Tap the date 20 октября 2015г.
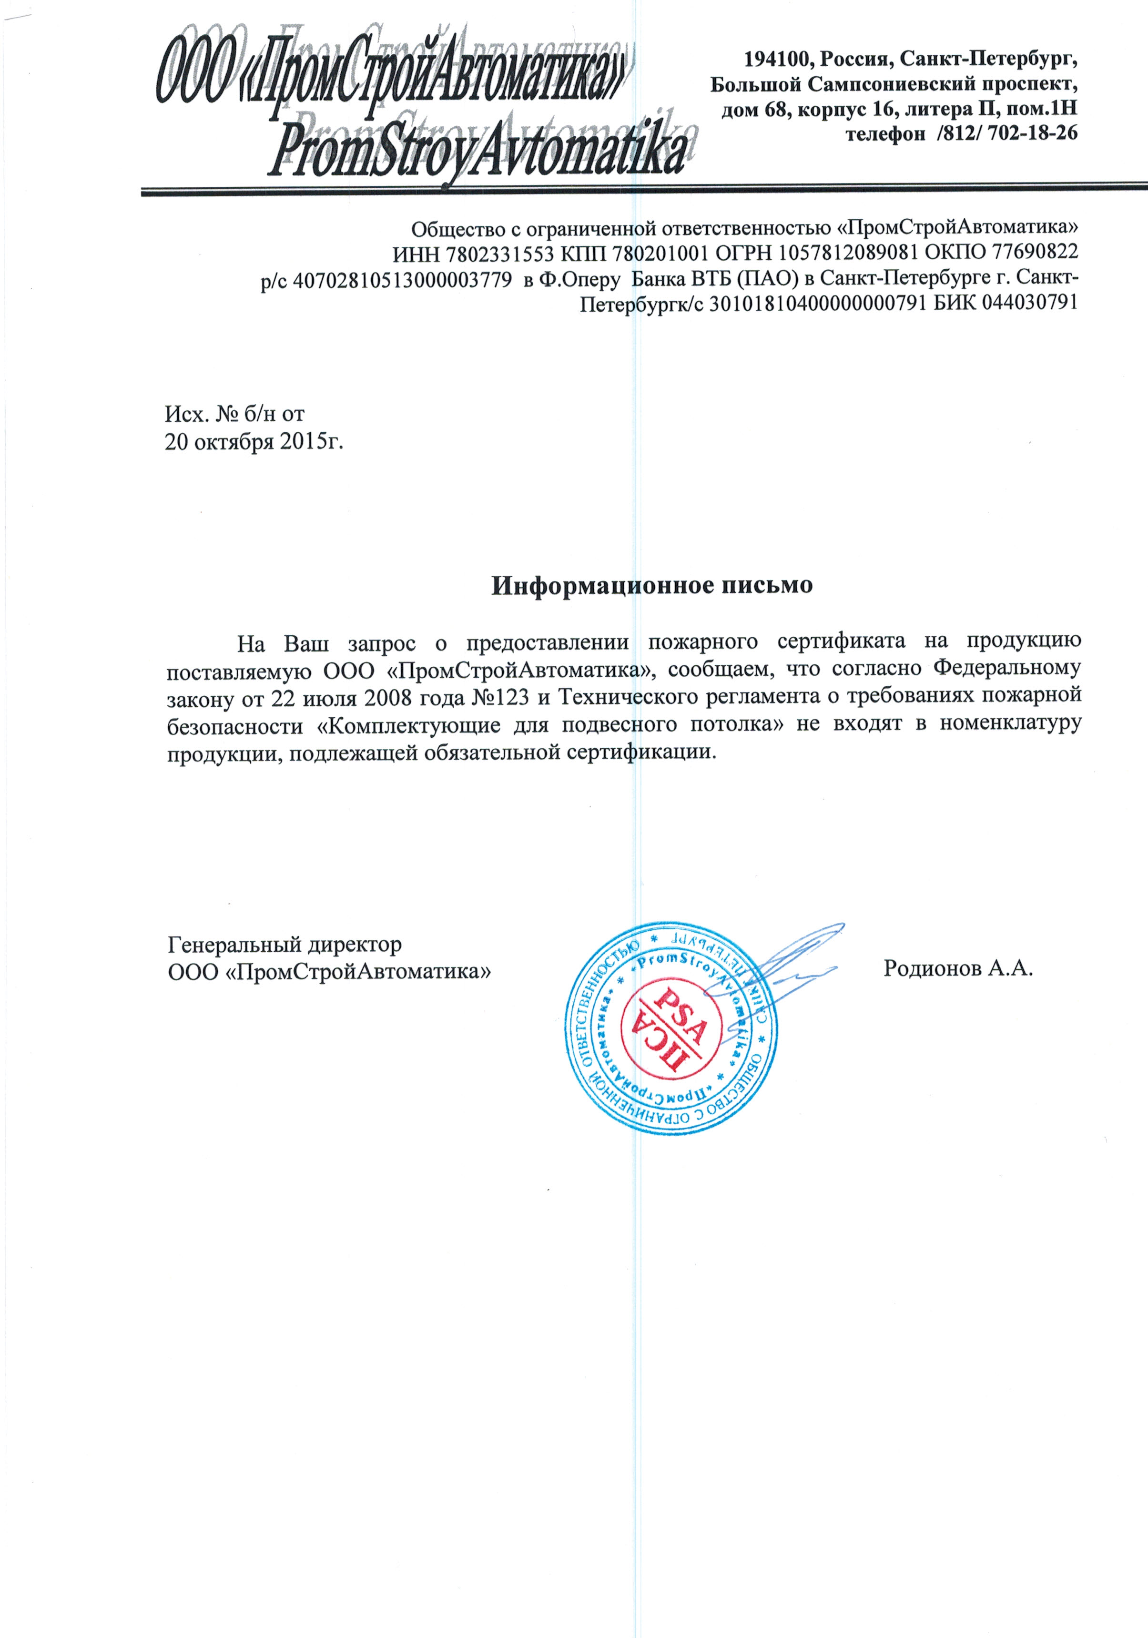[x=254, y=442]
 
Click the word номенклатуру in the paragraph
[x=1010, y=723]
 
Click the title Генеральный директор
[x=284, y=945]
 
